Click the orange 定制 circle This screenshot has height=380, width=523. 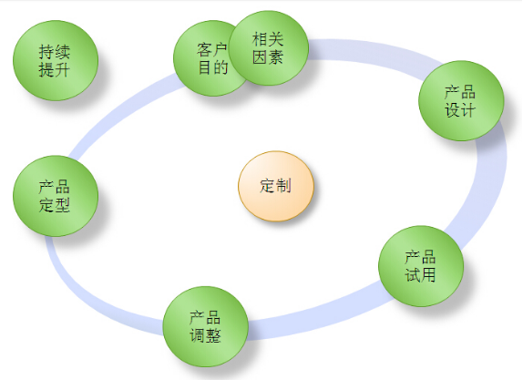pyautogui.click(x=276, y=186)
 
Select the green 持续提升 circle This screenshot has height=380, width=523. pyautogui.click(x=56, y=60)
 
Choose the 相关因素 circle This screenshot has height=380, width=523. pyautogui.click(x=269, y=48)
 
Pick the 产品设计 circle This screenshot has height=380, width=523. pyautogui.click(x=461, y=100)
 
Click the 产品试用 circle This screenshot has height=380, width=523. pyautogui.click(x=421, y=266)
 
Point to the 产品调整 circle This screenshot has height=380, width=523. pyautogui.click(x=206, y=326)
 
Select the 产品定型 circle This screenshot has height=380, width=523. pyautogui.click(x=56, y=196)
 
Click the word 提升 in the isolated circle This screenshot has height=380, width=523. pyautogui.click(x=55, y=70)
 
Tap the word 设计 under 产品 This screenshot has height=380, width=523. pyautogui.click(x=460, y=109)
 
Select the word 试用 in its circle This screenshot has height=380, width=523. pyautogui.click(x=420, y=274)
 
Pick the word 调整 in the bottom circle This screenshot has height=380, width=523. pyautogui.click(x=205, y=335)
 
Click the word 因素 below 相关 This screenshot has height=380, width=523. pyautogui.click(x=268, y=57)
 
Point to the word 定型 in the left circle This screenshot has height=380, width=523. pyautogui.click(x=55, y=205)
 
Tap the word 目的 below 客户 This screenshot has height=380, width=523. pyautogui.click(x=213, y=67)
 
